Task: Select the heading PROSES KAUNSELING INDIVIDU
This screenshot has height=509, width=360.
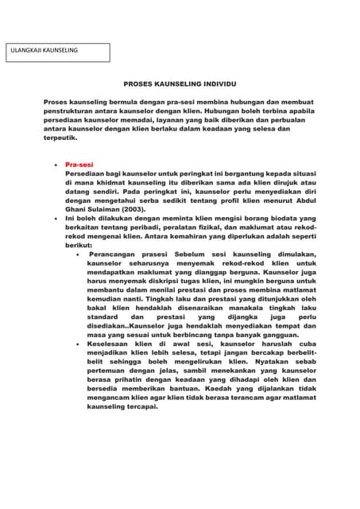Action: tap(180, 84)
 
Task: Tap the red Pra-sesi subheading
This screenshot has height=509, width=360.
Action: tap(79, 165)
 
